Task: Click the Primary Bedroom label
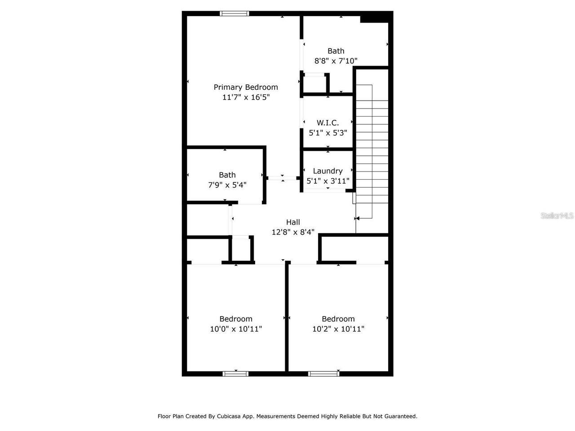[246, 87]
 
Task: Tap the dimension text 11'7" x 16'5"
[246, 97]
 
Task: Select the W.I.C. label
[328, 123]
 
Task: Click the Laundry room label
[327, 171]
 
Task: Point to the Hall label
[293, 222]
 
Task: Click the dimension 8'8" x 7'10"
[336, 61]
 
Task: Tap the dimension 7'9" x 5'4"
[227, 185]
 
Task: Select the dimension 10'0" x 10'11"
[236, 329]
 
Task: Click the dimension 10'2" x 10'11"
[338, 329]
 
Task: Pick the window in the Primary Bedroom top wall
[234, 13]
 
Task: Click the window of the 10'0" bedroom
[235, 374]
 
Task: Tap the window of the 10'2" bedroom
[323, 374]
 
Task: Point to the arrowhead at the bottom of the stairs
[357, 219]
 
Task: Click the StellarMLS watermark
[557, 216]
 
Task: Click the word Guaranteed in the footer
[401, 416]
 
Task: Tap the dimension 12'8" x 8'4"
[293, 232]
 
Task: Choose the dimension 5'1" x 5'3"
[328, 133]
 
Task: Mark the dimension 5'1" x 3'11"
[328, 181]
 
